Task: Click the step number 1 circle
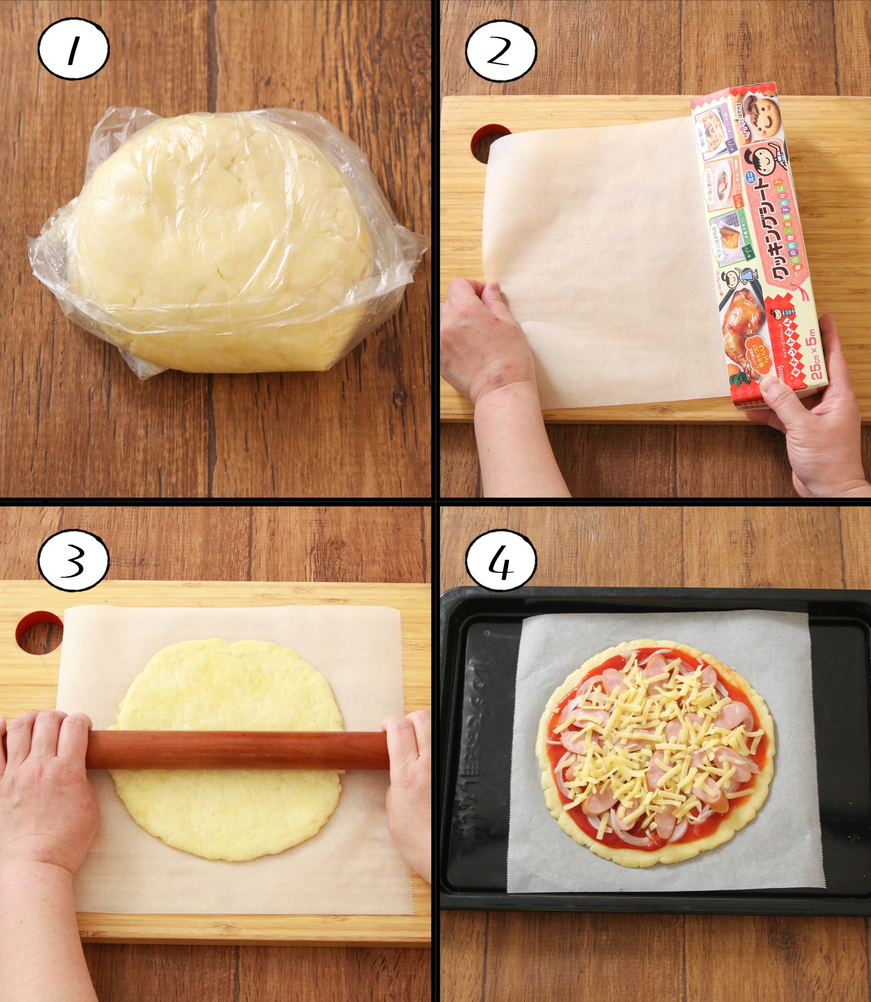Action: [73, 49]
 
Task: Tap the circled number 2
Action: [500, 51]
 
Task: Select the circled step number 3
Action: [73, 560]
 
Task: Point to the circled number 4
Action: [500, 561]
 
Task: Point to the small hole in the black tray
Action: [487, 633]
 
